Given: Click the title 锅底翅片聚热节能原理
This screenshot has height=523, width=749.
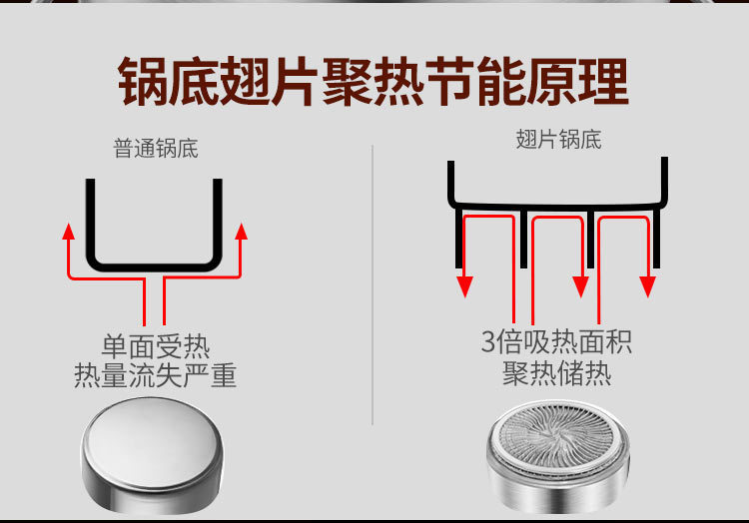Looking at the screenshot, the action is pos(374,82).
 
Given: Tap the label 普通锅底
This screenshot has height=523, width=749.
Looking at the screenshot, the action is pos(156,150).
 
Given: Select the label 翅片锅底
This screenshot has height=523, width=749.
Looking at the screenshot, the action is pos(558,140).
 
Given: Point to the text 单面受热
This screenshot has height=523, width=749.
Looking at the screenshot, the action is pos(156,347).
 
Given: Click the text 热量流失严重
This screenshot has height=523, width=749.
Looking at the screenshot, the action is pos(156,376).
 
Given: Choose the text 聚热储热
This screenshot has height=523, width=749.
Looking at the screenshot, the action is pos(556,375).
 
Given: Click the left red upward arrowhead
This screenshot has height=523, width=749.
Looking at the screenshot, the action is pos(69,231).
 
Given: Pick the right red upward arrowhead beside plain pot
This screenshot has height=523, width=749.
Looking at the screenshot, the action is pos(240,231).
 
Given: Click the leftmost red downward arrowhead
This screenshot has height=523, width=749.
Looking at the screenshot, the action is pos(464,286).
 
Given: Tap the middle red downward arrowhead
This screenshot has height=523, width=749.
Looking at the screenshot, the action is pos(580,286).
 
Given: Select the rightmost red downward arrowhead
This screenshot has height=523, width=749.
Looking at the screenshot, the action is pos(648,286).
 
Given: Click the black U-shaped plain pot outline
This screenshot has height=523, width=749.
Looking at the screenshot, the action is pos(154,265).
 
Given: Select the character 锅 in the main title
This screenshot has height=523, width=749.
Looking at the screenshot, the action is pos(144,82).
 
